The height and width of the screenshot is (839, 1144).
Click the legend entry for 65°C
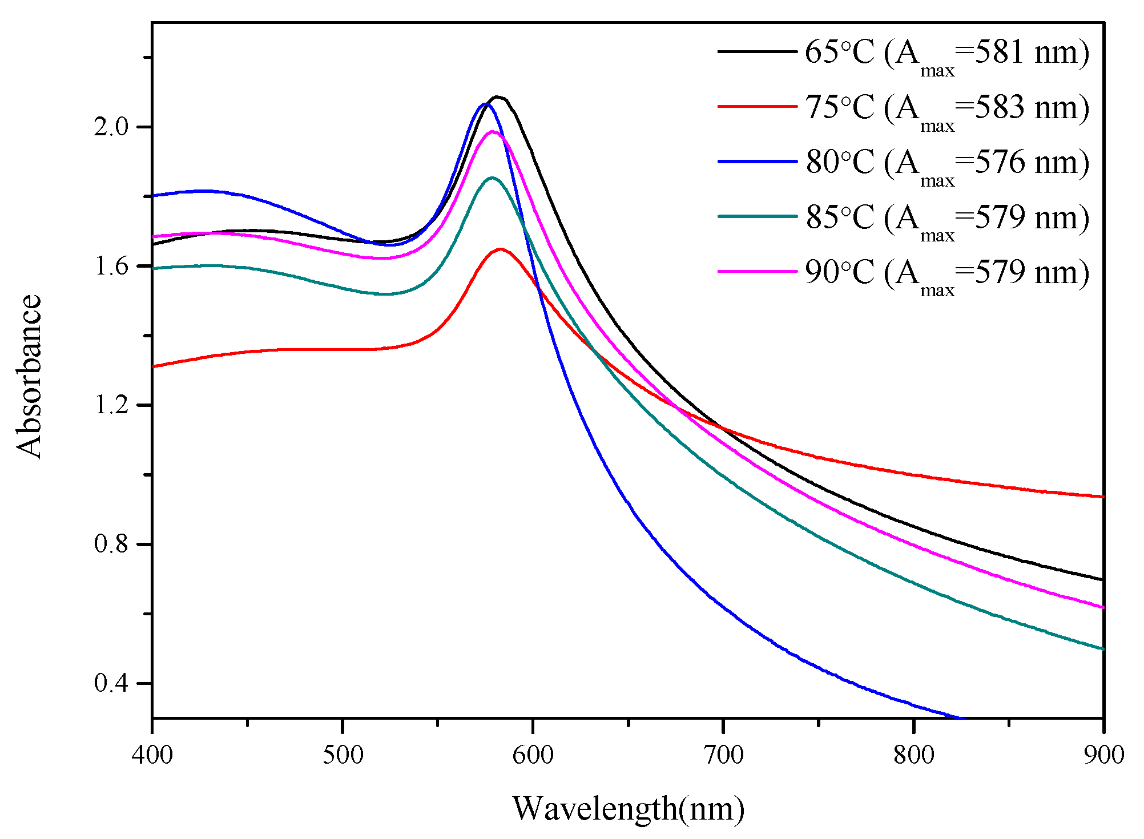946,53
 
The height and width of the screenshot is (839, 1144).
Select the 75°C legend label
946,107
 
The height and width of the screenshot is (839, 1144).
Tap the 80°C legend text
946,162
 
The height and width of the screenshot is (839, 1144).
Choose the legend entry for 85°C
946,217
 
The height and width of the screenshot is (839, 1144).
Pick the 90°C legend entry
946,272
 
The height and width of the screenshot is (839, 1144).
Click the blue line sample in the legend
757,162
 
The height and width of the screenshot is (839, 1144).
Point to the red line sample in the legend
757,107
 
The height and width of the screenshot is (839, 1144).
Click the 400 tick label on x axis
152,755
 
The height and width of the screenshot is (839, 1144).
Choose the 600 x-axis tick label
533,755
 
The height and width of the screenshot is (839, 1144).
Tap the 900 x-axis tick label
1103,755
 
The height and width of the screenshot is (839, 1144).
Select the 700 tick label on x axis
723,755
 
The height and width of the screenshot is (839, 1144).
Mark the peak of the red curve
501,249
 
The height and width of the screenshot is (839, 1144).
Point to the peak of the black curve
497,97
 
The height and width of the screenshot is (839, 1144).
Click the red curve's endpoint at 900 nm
1103,497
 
